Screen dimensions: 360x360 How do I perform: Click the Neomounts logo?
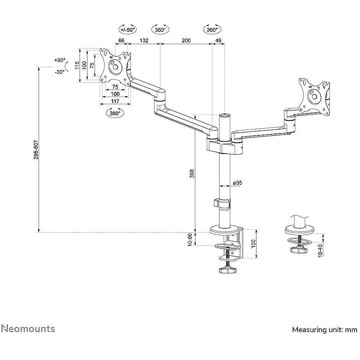[28, 328]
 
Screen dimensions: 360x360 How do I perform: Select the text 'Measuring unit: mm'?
[325, 330]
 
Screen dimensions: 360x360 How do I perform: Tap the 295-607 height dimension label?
[36, 150]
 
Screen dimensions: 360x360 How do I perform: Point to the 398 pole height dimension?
[192, 173]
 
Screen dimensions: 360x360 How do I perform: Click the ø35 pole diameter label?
[237, 183]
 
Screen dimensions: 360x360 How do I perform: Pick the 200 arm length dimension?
[186, 41]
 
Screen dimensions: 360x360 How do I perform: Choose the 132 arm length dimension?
[144, 41]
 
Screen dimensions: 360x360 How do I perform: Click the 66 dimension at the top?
[121, 41]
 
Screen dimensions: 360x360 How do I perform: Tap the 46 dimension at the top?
[218, 41]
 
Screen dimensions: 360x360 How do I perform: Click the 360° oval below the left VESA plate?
[115, 113]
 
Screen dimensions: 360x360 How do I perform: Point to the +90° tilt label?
[60, 60]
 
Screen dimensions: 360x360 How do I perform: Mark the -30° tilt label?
[60, 72]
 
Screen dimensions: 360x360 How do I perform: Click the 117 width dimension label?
[115, 101]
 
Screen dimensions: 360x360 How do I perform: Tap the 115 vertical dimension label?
[77, 65]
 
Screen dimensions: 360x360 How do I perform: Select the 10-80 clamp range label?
[190, 240]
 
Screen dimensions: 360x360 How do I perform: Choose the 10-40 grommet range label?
[320, 251]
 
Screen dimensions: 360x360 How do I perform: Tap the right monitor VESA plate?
[314, 96]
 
